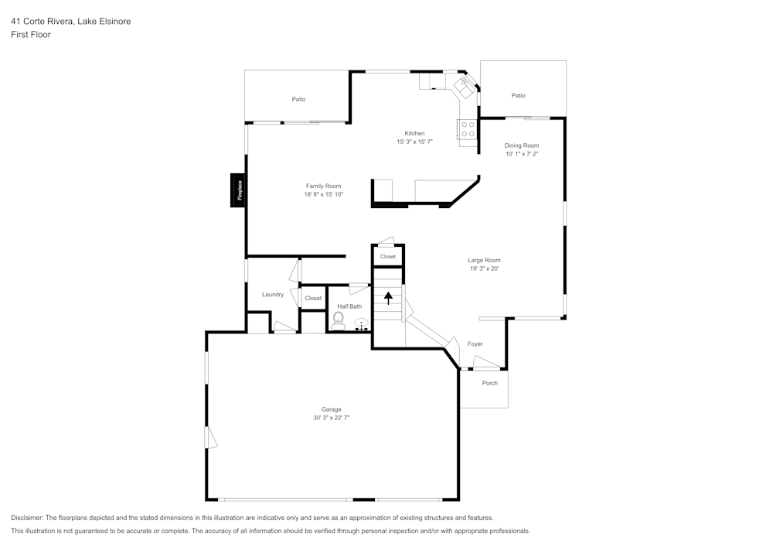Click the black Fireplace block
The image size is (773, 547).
pos(238,190)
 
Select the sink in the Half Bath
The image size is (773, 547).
pos(360,325)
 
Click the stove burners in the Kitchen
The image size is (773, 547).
pos(468,129)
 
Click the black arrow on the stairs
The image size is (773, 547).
pos(388,296)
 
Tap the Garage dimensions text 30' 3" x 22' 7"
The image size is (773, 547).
pos(331,418)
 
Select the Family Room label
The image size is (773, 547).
pos(323,186)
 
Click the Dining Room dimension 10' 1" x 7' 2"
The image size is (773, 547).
pos(522,154)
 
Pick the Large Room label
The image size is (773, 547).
pos(484,260)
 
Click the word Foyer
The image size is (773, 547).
pos(475,344)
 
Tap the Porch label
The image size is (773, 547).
pos(489,383)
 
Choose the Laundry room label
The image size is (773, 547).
pos(272,294)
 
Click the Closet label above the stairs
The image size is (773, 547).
pos(387,256)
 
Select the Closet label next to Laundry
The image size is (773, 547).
pos(313,298)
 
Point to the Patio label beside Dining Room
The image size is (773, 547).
pos(518,95)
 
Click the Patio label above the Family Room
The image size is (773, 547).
pos(298,99)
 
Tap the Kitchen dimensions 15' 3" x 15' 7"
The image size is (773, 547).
pos(414,142)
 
